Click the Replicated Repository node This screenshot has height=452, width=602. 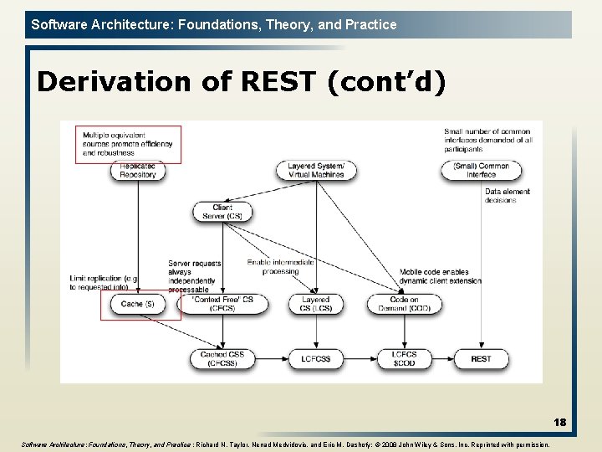137,171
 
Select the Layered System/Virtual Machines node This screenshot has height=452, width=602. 316,171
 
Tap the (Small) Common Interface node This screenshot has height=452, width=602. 481,171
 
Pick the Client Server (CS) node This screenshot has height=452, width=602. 222,212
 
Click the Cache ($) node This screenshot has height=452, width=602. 137,304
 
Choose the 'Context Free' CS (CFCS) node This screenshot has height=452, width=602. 222,304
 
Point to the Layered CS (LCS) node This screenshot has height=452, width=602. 316,304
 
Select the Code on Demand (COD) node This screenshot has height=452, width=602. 404,304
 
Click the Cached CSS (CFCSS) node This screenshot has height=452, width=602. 222,359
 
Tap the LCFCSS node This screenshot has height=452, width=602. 316,359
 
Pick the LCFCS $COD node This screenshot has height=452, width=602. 404,359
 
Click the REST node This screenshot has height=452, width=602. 481,359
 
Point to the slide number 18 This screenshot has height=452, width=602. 559,423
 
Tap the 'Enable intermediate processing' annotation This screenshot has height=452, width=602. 280,266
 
